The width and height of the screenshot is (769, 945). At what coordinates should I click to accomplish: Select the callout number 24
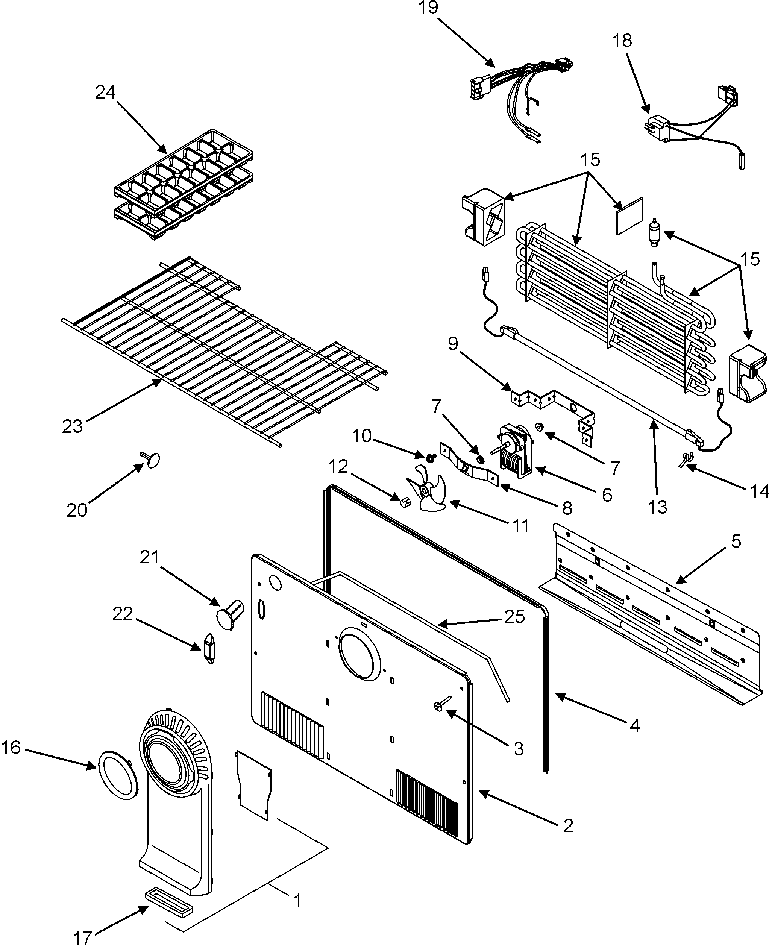(x=105, y=92)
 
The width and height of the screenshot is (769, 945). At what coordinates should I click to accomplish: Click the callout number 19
(x=428, y=8)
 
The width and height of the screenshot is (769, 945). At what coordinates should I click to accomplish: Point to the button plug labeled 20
(x=152, y=460)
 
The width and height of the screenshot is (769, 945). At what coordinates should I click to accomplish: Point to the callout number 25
(x=514, y=616)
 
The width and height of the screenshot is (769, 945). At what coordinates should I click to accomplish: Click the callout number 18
(x=622, y=41)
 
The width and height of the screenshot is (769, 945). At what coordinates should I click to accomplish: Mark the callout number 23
(x=72, y=426)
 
